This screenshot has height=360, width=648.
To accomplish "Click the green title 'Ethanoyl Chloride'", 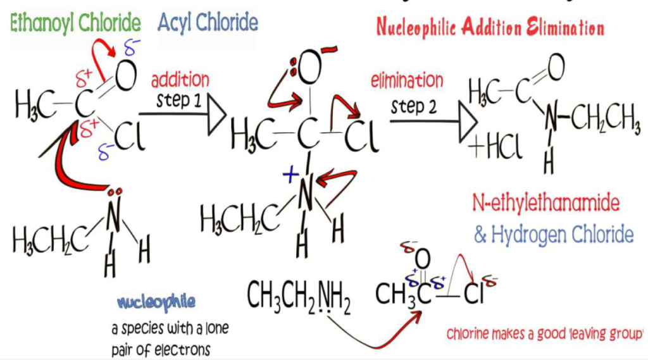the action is pos(75,23).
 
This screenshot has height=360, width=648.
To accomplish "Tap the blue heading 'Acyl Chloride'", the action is pos(208,23).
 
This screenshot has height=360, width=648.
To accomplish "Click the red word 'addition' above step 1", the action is pos(180,80).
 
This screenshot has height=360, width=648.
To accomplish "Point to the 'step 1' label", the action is pos(178,101).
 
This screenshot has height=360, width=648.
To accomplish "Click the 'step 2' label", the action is pos(414,107).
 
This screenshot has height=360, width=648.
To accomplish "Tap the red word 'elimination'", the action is pos(407,80).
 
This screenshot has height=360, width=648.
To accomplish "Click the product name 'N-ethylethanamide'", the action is pos(546,203).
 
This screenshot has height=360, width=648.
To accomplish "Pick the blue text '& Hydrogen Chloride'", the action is pos(554,234).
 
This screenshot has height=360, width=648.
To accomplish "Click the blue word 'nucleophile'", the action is pos(156,302).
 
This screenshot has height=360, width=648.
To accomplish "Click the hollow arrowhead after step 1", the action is pos(217,114).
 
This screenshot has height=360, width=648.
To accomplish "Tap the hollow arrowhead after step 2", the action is pos(468,122).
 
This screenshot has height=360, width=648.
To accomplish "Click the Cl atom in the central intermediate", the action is pos(361,137).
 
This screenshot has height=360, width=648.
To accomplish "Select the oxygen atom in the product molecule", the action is pos(556,68).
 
